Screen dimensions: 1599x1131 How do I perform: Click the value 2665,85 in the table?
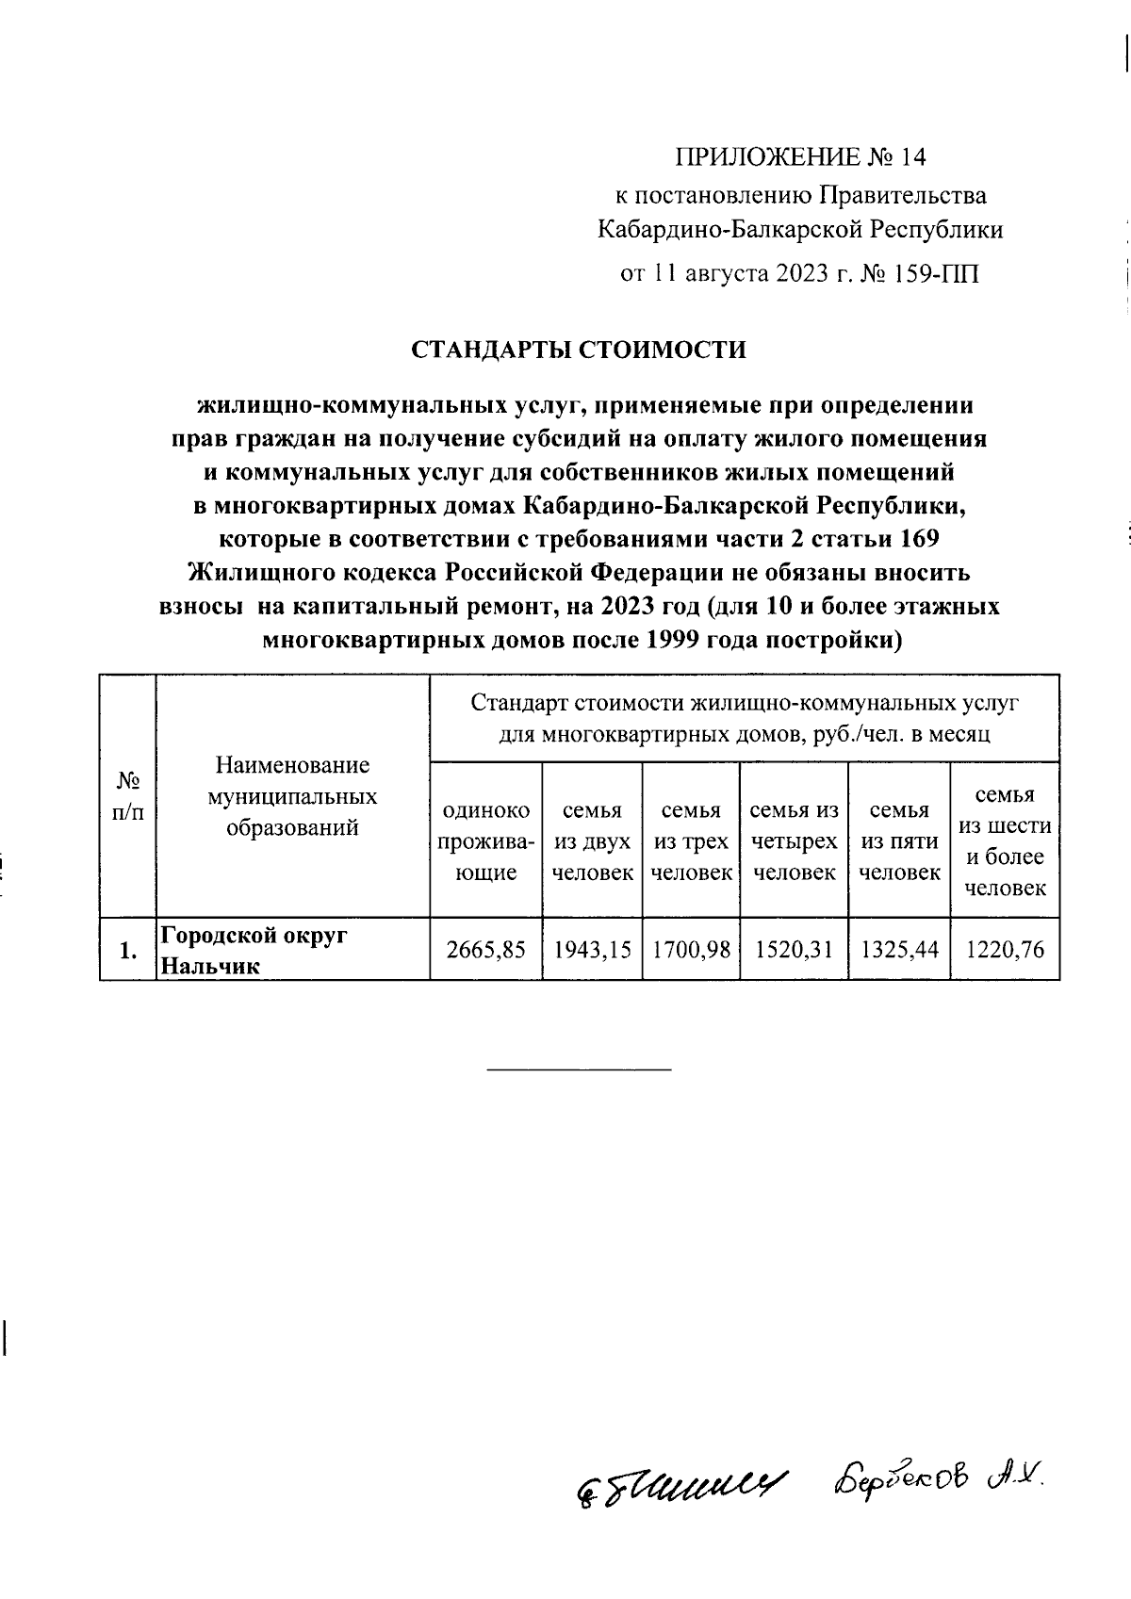[485, 950]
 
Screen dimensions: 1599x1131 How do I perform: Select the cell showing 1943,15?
[592, 950]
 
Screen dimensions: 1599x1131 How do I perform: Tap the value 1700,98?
[691, 950]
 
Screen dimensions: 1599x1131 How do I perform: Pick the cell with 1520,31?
[794, 950]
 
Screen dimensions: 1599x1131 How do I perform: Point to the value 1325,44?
[899, 950]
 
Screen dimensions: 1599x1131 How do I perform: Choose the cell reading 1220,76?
[1005, 950]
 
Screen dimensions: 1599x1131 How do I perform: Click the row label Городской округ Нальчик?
[254, 950]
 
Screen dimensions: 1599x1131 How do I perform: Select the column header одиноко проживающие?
[485, 841]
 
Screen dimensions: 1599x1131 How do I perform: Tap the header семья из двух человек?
[592, 841]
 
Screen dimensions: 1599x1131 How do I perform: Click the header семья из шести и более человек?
[1005, 841]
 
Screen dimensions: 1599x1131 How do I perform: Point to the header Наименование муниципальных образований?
[292, 796]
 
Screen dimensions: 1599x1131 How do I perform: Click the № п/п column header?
[128, 796]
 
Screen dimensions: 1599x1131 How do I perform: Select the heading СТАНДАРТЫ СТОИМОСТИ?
[578, 351]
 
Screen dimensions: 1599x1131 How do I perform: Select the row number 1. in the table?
[128, 951]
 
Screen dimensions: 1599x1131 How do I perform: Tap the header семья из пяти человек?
[899, 841]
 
